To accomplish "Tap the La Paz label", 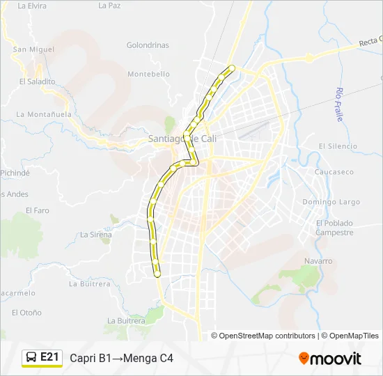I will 109,6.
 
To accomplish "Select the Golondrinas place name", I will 148,45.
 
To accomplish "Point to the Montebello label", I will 148,74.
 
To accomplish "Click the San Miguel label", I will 33,49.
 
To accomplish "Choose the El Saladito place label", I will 37,81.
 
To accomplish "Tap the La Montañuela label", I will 44,114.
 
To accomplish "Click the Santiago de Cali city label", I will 184,139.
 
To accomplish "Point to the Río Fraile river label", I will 340,104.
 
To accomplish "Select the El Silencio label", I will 338,146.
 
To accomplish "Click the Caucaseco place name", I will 334,169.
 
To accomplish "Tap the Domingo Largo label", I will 331,203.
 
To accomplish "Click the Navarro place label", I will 318,261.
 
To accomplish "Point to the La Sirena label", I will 96,235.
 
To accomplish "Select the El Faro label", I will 38,210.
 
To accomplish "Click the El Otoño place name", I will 26,313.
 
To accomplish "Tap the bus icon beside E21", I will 31,357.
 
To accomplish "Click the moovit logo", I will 330,359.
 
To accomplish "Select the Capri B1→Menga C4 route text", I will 121,358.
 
